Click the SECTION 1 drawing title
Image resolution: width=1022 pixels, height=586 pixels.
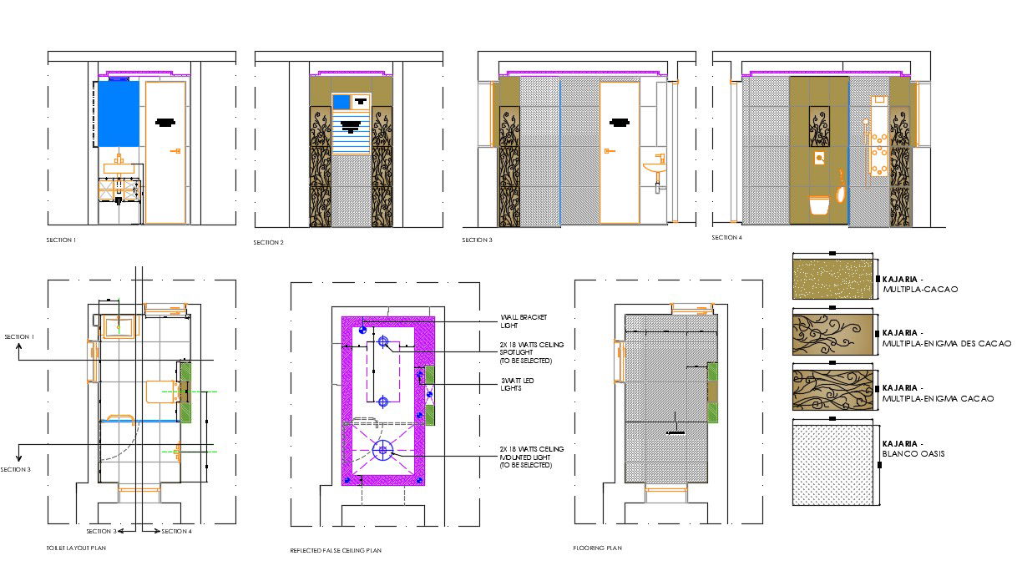(x=61, y=240)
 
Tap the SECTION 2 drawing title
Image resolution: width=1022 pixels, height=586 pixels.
(x=268, y=242)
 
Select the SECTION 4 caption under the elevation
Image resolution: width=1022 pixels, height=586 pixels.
(x=726, y=238)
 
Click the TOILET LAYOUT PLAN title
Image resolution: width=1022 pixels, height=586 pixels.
(x=76, y=548)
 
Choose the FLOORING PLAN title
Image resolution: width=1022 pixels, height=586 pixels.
(x=597, y=548)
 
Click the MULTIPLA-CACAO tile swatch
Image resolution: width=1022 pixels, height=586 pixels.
(x=832, y=280)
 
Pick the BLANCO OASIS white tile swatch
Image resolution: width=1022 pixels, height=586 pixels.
(x=832, y=463)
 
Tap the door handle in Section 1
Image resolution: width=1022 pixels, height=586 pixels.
(x=176, y=150)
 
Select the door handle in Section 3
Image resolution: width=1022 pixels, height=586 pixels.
(x=610, y=150)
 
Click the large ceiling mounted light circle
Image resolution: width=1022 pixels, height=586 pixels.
(x=383, y=451)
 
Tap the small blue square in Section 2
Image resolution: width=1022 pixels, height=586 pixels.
(x=341, y=102)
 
